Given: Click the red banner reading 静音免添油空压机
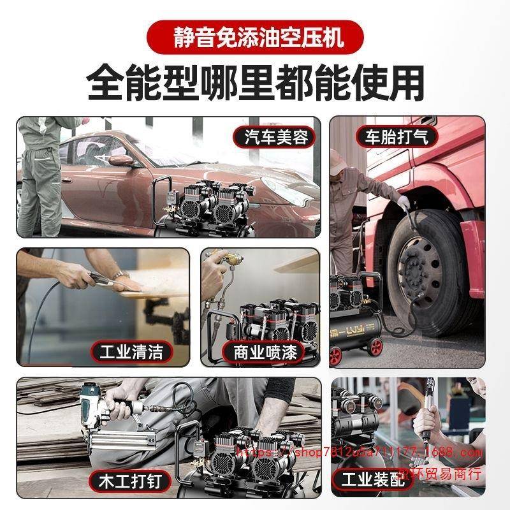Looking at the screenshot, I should pos(255,37).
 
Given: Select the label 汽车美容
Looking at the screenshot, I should pos(277,136).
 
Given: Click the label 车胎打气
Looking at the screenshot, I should pos(397,136).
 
